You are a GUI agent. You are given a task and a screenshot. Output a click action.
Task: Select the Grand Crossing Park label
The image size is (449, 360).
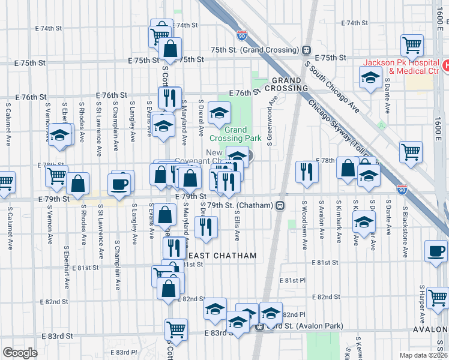243,134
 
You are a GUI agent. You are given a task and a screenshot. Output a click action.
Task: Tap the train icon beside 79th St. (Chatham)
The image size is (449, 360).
280,205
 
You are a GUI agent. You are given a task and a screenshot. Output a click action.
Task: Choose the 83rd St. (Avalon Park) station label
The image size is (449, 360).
304,326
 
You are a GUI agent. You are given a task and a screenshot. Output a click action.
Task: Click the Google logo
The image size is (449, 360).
19,352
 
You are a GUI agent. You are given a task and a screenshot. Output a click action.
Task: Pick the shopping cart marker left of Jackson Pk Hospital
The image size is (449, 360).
412,46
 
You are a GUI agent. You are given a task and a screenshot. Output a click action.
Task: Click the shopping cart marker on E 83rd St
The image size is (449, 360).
176,329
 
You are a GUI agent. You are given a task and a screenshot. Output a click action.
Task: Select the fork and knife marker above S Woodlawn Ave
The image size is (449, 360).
307,172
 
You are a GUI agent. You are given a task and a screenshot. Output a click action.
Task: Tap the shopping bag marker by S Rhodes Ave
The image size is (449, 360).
77,185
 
